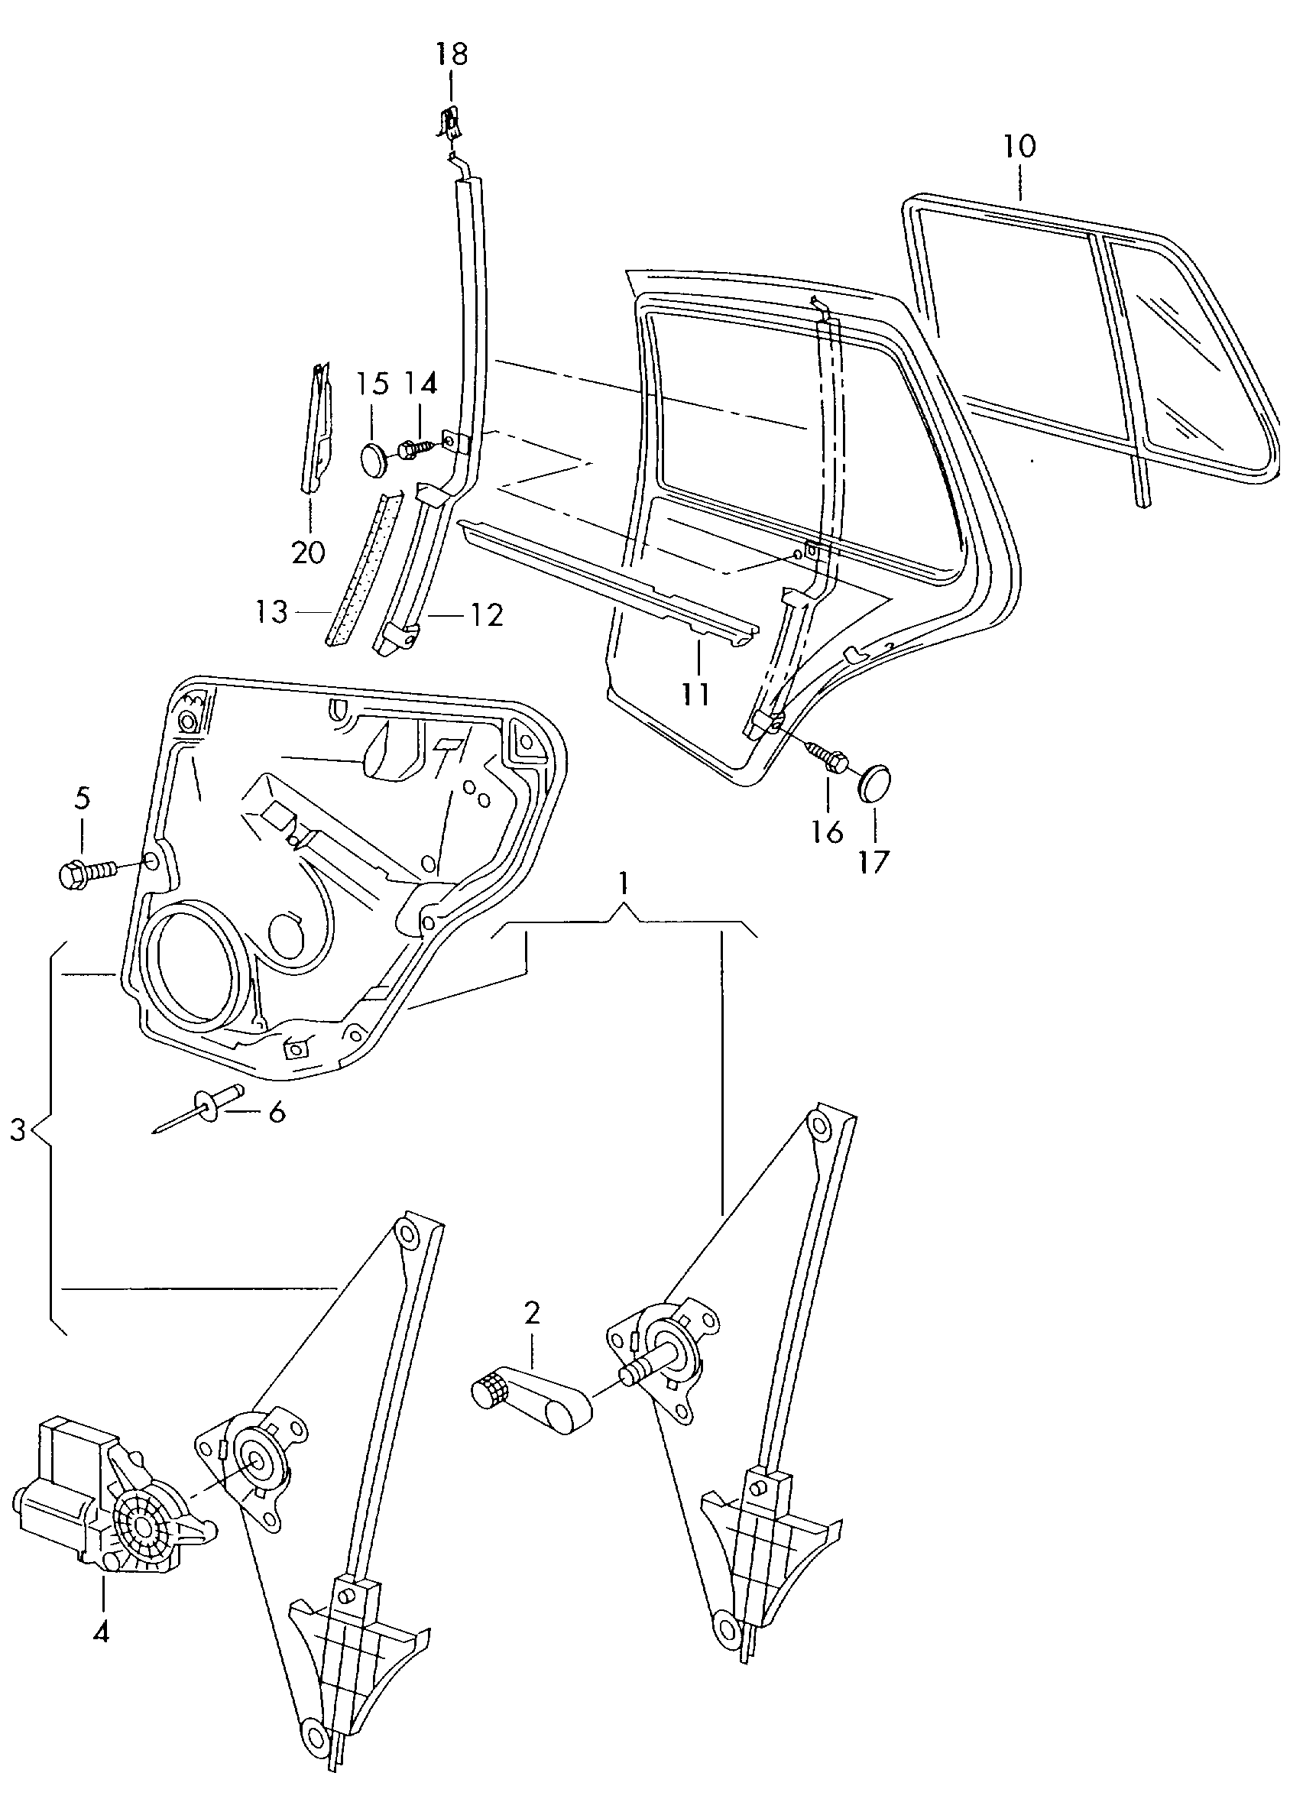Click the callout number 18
[x=451, y=55]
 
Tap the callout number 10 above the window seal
[x=1019, y=146]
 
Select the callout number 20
[x=308, y=552]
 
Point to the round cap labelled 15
[x=374, y=459]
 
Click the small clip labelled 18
[x=450, y=125]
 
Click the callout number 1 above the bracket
[x=624, y=882]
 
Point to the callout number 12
[x=487, y=614]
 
